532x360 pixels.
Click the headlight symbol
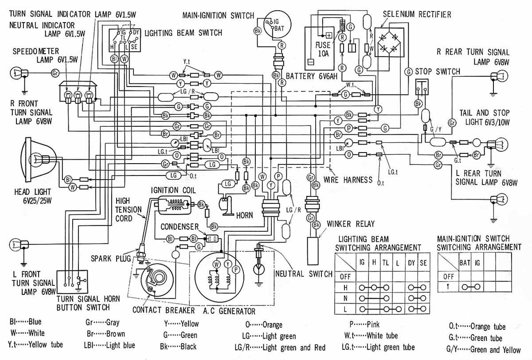tap(37, 158)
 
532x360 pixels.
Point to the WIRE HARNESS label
tap(348, 180)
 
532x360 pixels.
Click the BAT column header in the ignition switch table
tap(464, 263)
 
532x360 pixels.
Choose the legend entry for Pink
tap(364, 325)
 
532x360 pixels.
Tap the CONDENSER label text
tap(180, 227)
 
